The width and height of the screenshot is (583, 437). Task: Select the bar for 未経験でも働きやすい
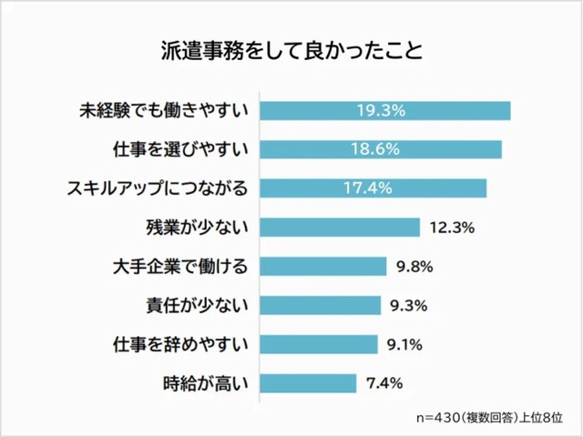pos(384,110)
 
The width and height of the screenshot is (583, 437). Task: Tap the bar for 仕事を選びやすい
pos(381,149)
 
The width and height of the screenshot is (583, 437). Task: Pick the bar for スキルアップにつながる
pos(373,188)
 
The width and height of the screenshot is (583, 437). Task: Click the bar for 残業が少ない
pos(340,228)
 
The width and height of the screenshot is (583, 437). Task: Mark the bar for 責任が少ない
pos(321,305)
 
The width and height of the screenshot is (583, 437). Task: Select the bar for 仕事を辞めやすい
pos(319,344)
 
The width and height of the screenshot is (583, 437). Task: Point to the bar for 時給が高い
pos(308,383)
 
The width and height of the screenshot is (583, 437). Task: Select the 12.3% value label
pos(452,228)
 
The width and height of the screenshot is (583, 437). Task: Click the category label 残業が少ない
pos(198,228)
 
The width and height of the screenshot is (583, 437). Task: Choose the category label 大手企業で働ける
pos(179,267)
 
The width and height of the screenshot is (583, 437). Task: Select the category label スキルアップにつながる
pos(158,188)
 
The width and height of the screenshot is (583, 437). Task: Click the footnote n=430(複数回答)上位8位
pos(488,416)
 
